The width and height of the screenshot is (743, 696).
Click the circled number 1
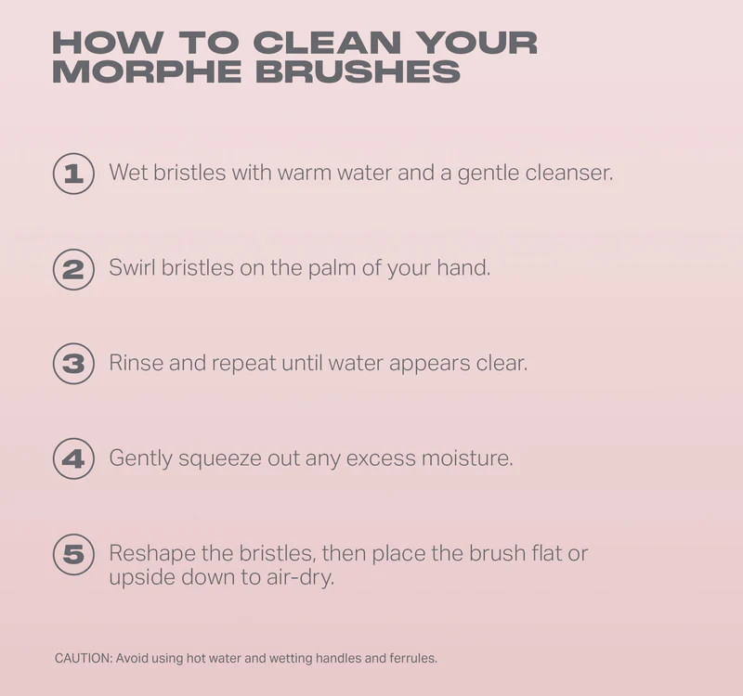73,174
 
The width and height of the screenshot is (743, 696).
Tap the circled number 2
73,269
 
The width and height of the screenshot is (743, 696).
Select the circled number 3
73,364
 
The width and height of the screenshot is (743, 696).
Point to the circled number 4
73,458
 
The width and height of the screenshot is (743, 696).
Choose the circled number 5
73,554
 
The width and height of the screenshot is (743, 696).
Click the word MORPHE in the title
147,72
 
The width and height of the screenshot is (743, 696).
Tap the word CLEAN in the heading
328,43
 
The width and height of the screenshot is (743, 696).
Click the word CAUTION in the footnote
83,658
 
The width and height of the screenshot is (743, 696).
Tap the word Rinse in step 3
136,363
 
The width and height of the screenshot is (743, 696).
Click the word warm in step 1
305,173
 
